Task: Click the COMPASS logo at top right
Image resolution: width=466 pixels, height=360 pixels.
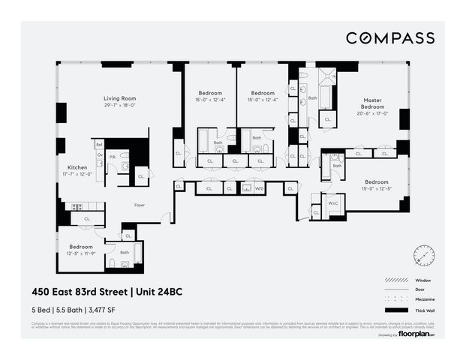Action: click(389, 37)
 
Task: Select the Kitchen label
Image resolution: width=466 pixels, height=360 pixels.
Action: click(78, 167)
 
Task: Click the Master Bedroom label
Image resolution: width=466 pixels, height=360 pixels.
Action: click(373, 103)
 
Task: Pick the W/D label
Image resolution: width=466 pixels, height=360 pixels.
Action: click(259, 189)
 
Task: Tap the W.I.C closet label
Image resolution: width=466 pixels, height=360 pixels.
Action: click(332, 202)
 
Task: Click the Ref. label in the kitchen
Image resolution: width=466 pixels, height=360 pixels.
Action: click(98, 144)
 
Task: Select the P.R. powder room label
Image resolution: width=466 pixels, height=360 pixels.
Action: click(113, 157)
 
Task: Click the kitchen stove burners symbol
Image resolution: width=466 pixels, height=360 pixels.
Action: click(76, 206)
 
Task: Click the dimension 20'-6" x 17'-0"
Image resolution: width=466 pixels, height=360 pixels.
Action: click(373, 114)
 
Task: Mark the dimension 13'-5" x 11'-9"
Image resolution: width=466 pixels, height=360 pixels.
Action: click(81, 253)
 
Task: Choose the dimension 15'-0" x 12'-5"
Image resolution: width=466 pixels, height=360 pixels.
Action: click(377, 189)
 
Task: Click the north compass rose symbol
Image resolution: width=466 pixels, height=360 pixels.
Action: click(423, 256)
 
